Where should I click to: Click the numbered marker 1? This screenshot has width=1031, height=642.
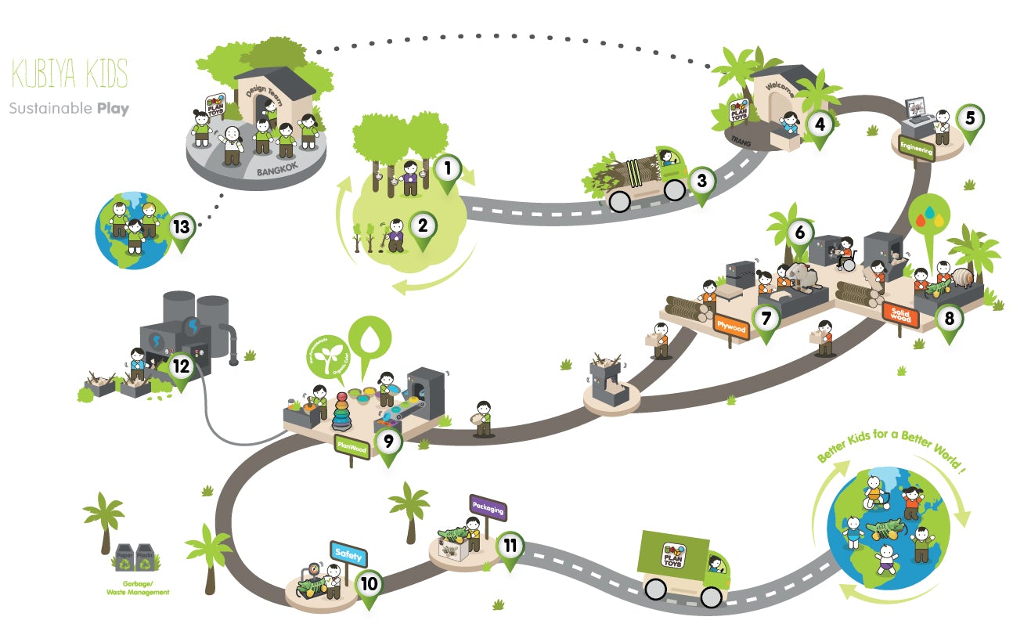coord(447,168)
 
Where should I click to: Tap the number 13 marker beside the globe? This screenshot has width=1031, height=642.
coord(182,227)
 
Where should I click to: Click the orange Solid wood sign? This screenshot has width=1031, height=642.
coord(898,312)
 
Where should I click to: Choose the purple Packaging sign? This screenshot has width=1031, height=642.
coord(488,509)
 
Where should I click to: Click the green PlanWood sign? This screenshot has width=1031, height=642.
coord(351,445)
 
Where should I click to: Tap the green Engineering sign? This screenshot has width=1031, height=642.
coord(916,148)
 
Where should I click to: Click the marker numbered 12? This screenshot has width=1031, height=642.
coord(182,366)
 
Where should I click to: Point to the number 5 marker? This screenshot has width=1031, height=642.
coord(970,118)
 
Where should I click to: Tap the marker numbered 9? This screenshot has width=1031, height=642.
coord(388,442)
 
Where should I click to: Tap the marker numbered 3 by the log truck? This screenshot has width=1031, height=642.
coord(701,181)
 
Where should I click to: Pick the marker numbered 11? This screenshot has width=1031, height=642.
coord(510,545)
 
